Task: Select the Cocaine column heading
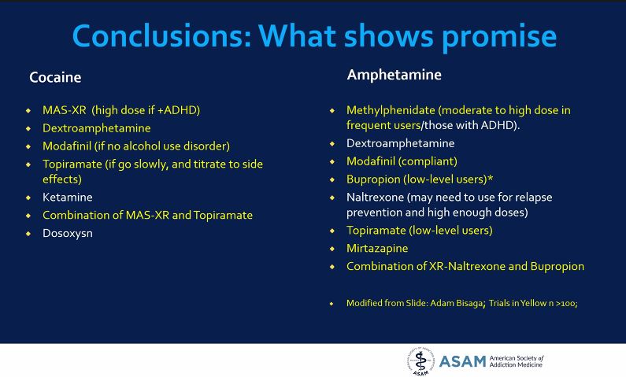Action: coord(55,78)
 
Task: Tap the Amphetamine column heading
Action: coord(394,76)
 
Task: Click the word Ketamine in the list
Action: coord(67,198)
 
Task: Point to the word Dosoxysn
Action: coord(68,233)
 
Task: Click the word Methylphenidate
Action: coord(391,110)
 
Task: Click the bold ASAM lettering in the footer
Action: coord(462,361)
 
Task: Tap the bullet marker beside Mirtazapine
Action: coord(332,249)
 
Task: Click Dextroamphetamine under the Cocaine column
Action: coord(96,128)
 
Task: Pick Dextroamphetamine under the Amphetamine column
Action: coord(400,144)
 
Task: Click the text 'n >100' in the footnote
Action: coord(565,303)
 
